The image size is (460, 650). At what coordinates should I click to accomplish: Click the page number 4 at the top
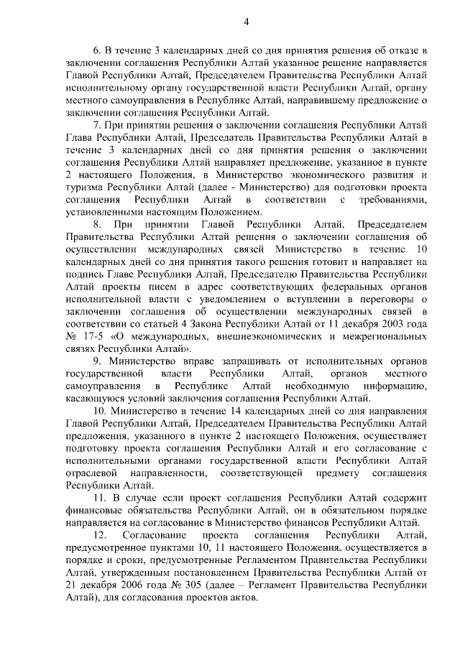pyautogui.click(x=245, y=22)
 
